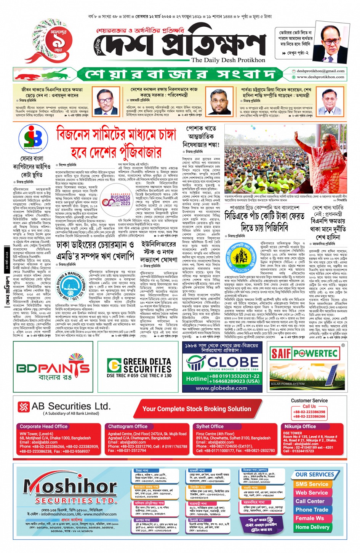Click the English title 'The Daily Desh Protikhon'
coord(228,60)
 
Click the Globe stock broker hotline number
coord(222,378)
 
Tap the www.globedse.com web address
coord(221,388)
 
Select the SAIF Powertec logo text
coord(304,353)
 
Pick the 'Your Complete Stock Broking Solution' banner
coord(197,409)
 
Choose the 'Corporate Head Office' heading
coord(43,427)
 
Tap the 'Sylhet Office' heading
coord(210,427)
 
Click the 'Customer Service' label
coord(309,401)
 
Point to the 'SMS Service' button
coord(312,484)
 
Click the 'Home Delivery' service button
coord(312,527)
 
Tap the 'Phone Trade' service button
coord(312,510)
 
